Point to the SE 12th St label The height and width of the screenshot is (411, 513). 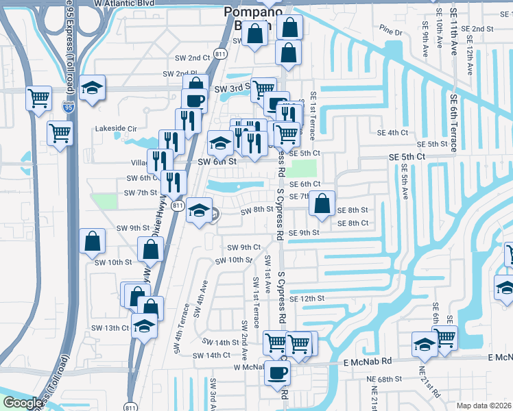click(306, 299)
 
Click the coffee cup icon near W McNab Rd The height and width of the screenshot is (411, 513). click(278, 373)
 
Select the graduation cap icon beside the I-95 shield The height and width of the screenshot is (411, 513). click(91, 87)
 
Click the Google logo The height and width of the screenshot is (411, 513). click(23, 403)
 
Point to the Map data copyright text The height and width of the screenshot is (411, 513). click(484, 406)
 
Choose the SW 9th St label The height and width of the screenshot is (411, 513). click(133, 228)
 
